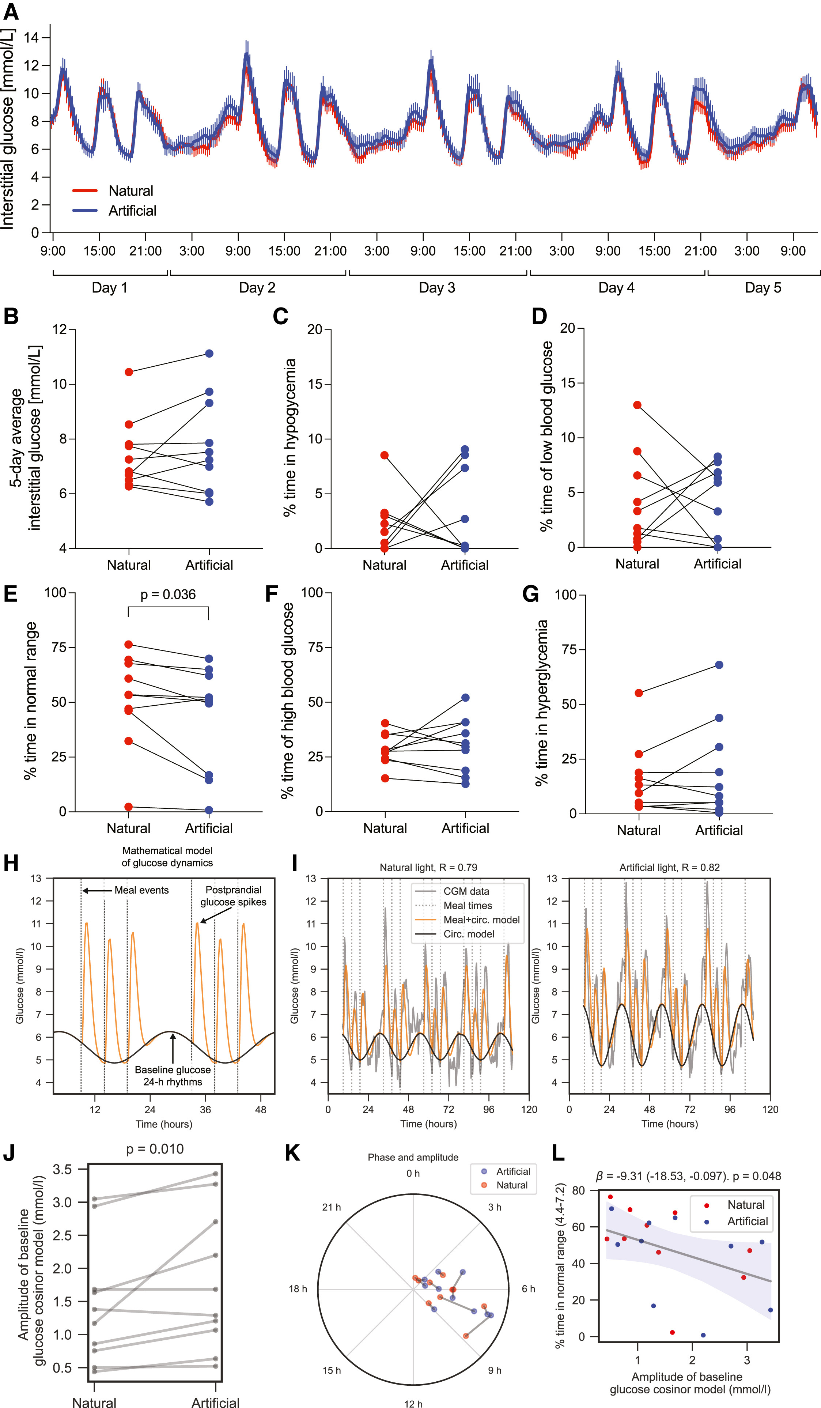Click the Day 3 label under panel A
pyautogui.click(x=437, y=288)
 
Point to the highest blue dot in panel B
pyautogui.click(x=209, y=353)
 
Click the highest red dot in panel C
pyautogui.click(x=384, y=455)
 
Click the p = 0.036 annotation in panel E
pyautogui.click(x=168, y=594)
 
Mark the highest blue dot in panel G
pyautogui.click(x=719, y=665)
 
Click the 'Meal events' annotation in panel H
pyautogui.click(x=141, y=890)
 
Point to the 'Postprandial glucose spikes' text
pyautogui.click(x=234, y=896)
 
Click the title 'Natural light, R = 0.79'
pyautogui.click(x=428, y=867)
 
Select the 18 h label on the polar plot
pyautogui.click(x=298, y=1288)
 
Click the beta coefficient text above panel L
pyautogui.click(x=688, y=1176)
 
